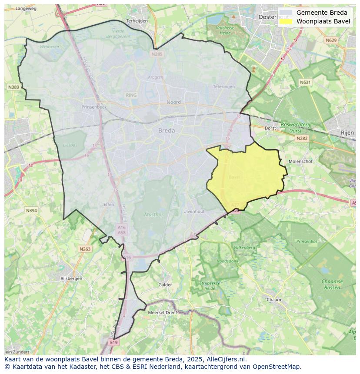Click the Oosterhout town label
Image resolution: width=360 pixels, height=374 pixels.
[x=267, y=17]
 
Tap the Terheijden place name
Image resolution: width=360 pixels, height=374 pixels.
[x=137, y=20]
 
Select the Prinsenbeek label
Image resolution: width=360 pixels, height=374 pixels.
[x=94, y=106]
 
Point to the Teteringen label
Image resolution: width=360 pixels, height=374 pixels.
[x=224, y=86]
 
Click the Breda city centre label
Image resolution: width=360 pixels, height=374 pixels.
[x=167, y=130]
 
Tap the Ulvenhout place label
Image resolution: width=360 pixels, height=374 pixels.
[x=193, y=212]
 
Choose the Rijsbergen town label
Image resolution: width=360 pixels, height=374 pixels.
[x=71, y=278]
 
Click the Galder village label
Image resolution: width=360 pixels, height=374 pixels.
[x=165, y=285]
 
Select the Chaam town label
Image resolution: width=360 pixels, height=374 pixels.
[x=274, y=300]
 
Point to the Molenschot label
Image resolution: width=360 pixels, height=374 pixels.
[x=301, y=161]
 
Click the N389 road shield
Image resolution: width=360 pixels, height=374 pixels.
[x=13, y=87]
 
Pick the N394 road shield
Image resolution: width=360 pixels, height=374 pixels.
[x=31, y=211]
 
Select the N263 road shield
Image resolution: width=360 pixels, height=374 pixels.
[x=85, y=249]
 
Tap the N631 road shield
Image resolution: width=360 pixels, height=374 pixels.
[x=306, y=82]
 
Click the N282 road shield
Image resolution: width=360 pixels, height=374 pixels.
[x=302, y=138]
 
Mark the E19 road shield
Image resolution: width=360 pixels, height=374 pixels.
[x=114, y=342]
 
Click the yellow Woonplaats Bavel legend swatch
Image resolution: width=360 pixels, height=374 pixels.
[x=286, y=21]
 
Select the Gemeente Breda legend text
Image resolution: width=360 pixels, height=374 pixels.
[x=322, y=13]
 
